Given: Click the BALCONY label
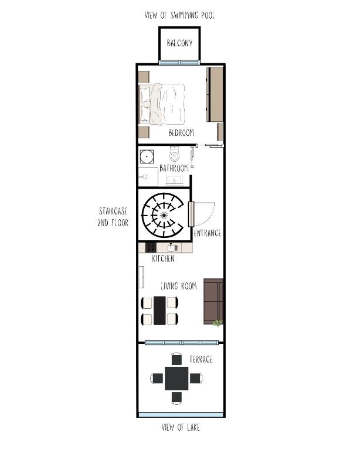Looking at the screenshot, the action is click(x=180, y=43).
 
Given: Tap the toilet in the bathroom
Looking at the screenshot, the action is click(x=174, y=154).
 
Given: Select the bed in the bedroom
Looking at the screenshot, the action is click(x=162, y=104).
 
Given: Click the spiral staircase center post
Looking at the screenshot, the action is click(x=164, y=215).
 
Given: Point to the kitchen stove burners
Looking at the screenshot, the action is click(x=151, y=247).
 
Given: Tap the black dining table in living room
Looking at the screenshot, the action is click(x=159, y=311).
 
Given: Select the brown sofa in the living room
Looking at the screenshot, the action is click(x=213, y=301).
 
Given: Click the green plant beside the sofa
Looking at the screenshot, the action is click(x=218, y=323).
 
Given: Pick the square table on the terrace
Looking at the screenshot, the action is click(x=176, y=379).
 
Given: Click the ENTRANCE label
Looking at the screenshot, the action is click(x=208, y=233).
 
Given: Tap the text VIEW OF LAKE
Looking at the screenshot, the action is click(x=181, y=427).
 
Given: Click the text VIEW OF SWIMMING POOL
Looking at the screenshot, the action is click(x=180, y=15).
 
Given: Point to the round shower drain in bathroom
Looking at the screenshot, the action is click(x=147, y=156).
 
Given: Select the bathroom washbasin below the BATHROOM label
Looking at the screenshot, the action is click(x=174, y=180).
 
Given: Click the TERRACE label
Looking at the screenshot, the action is click(x=201, y=359).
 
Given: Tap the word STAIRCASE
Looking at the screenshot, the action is click(x=113, y=211).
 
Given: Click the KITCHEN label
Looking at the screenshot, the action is click(x=164, y=258).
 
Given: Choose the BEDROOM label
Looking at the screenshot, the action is click(x=181, y=132).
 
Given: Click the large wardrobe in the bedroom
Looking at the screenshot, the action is click(x=215, y=94).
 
